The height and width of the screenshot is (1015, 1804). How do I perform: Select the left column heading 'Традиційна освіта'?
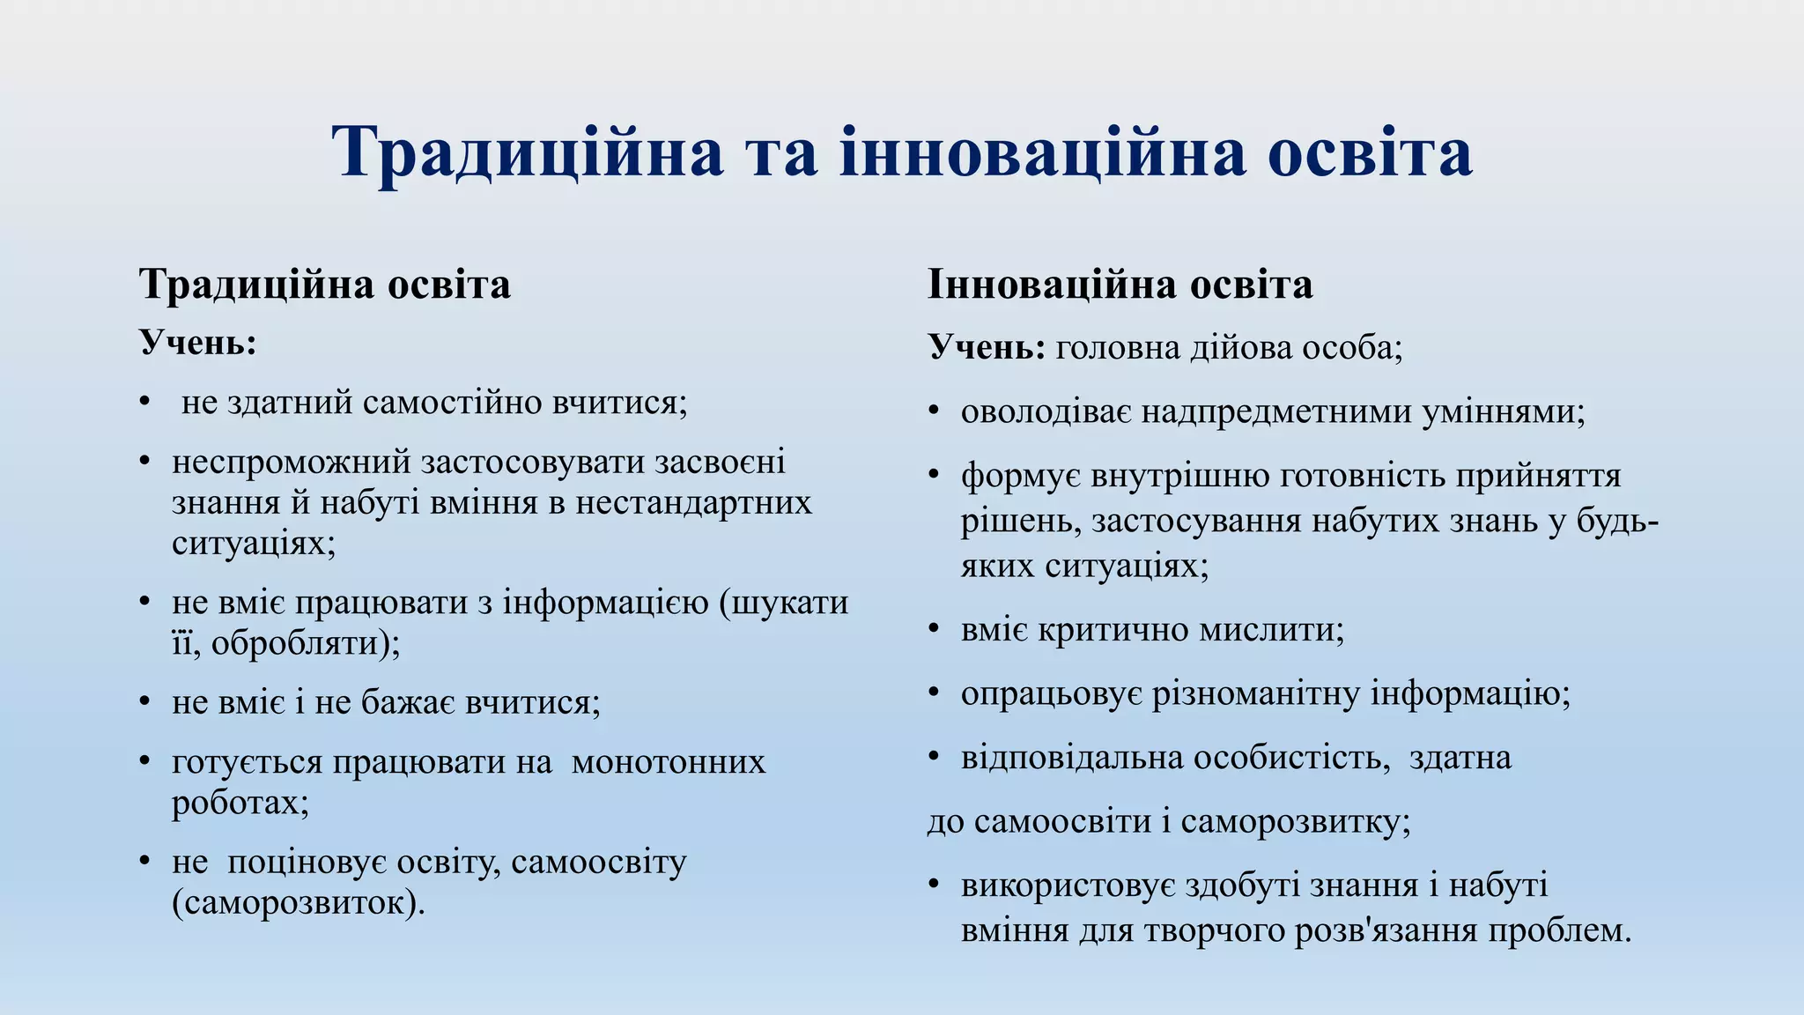[324, 285]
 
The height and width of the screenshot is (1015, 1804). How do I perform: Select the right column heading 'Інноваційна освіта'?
[1120, 285]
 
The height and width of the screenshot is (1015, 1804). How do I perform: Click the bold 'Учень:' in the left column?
[197, 342]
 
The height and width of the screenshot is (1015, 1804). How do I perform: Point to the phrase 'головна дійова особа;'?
[1229, 348]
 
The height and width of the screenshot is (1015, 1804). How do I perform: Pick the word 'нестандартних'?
[693, 502]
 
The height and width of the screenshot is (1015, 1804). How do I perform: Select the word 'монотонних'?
[669, 761]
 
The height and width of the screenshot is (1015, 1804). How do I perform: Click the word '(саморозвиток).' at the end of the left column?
[298, 902]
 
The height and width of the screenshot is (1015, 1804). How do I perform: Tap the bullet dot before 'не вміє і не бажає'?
[145, 703]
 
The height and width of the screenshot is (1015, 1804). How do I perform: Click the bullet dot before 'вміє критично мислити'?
[935, 630]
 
